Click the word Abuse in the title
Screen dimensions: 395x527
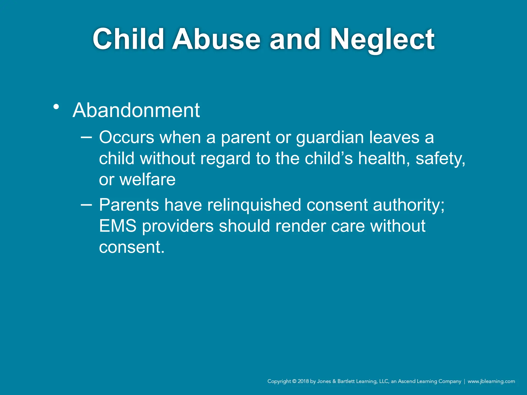point(216,39)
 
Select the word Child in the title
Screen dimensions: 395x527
point(128,39)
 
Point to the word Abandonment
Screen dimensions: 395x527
point(136,110)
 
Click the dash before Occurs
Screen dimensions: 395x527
point(86,137)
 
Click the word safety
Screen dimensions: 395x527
point(440,159)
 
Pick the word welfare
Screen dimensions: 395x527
point(147,179)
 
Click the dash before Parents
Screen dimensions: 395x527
point(86,205)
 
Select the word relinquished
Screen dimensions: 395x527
point(254,205)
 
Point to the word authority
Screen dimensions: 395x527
point(408,205)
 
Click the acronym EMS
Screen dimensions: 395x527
point(118,226)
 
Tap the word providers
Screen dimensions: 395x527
point(178,227)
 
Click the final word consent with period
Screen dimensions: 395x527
point(131,247)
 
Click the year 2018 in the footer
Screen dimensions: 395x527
point(303,381)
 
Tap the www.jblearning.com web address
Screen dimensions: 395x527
point(491,381)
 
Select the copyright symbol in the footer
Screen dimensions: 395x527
point(294,381)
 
